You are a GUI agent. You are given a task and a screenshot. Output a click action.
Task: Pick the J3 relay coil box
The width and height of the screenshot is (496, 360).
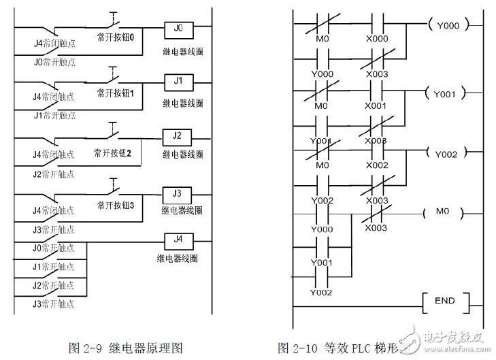[x=178, y=193]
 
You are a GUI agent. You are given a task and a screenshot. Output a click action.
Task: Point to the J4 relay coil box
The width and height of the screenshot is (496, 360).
[x=178, y=239]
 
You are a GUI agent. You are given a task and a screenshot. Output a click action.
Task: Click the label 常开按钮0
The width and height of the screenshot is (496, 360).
[x=119, y=39]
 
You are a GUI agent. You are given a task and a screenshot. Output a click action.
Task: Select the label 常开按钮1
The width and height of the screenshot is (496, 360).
[x=119, y=93]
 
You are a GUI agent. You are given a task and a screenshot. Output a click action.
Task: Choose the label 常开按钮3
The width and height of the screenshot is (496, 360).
[x=120, y=205]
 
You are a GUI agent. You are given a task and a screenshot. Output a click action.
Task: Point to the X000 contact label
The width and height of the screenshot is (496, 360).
[x=378, y=40]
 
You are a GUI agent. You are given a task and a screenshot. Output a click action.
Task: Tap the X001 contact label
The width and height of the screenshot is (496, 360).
[x=378, y=105]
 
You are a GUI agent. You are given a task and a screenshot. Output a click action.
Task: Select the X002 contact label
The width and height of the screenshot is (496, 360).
[x=378, y=165]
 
